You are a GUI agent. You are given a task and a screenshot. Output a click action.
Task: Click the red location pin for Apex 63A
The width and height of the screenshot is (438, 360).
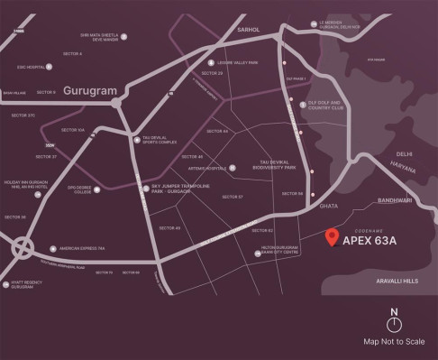333,238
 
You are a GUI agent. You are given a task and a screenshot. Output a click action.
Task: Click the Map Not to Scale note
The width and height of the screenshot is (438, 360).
394,342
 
